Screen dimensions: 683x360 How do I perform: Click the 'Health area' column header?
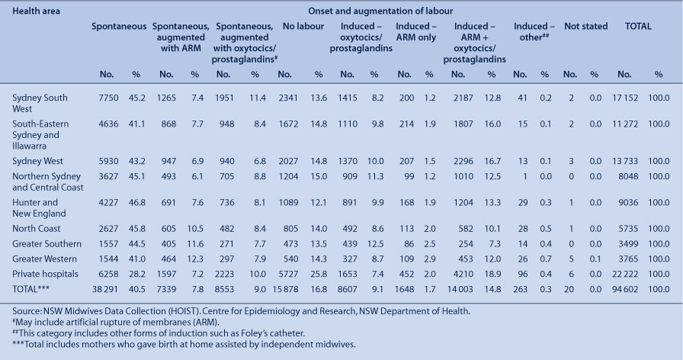click(x=36, y=11)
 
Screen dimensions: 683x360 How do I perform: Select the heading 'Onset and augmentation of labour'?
click(x=380, y=11)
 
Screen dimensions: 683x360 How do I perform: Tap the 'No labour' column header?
click(x=303, y=26)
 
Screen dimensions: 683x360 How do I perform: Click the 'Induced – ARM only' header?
click(x=416, y=32)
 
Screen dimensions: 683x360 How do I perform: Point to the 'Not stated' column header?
click(x=586, y=26)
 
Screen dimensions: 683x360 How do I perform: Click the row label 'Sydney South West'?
click(x=40, y=103)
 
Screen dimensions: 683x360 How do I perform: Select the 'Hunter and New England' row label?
click(x=39, y=208)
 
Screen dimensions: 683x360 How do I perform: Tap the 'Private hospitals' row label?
click(x=45, y=274)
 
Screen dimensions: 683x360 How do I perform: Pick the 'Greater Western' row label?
click(x=44, y=259)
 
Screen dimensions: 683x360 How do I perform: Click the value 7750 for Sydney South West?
click(x=108, y=98)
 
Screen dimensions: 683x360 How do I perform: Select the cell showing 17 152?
click(x=624, y=98)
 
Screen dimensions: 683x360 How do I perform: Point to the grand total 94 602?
click(x=624, y=289)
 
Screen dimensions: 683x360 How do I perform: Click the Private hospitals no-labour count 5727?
click(x=288, y=274)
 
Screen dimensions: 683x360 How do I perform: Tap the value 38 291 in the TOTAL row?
click(x=105, y=289)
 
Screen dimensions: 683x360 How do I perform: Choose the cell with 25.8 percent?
click(x=319, y=274)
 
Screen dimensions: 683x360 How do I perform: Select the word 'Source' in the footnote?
click(x=26, y=311)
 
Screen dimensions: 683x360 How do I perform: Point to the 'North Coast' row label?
click(x=36, y=228)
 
